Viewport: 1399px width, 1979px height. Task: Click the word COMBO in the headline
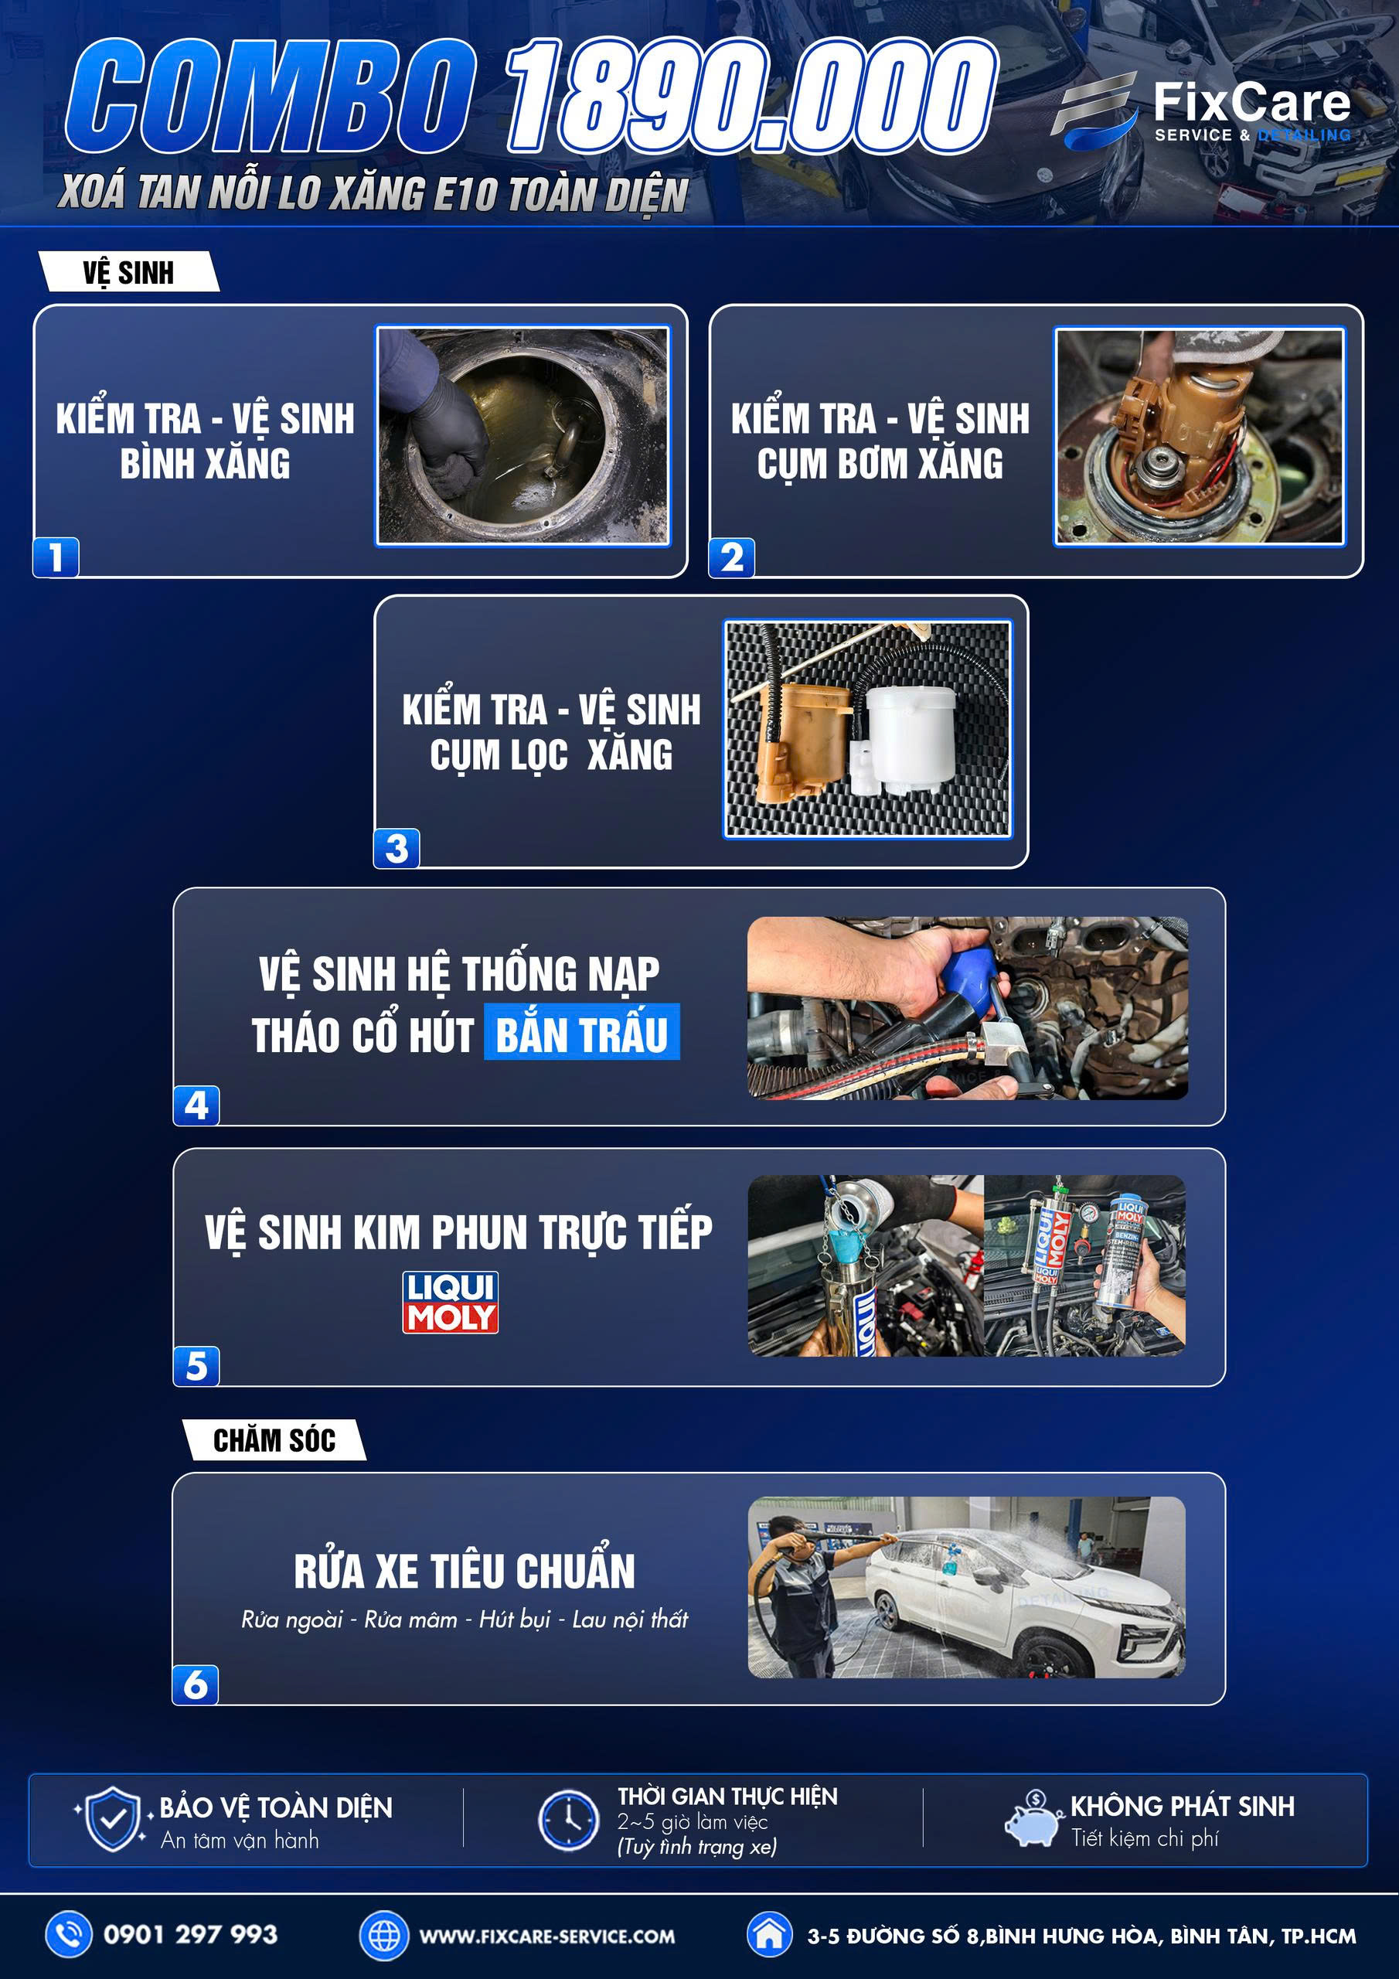(270, 97)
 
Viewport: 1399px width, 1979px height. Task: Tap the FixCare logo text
(1251, 103)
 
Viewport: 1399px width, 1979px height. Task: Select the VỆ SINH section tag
(128, 272)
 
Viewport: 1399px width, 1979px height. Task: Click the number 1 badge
(56, 557)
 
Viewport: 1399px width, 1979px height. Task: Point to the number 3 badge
(397, 848)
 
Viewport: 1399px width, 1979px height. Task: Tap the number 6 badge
(196, 1684)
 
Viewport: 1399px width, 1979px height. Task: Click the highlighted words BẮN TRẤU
(582, 1033)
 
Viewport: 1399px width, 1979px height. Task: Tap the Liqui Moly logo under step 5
(450, 1303)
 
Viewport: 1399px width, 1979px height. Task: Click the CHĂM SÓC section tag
(274, 1440)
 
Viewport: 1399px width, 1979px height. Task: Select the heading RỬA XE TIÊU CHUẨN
(465, 1572)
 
